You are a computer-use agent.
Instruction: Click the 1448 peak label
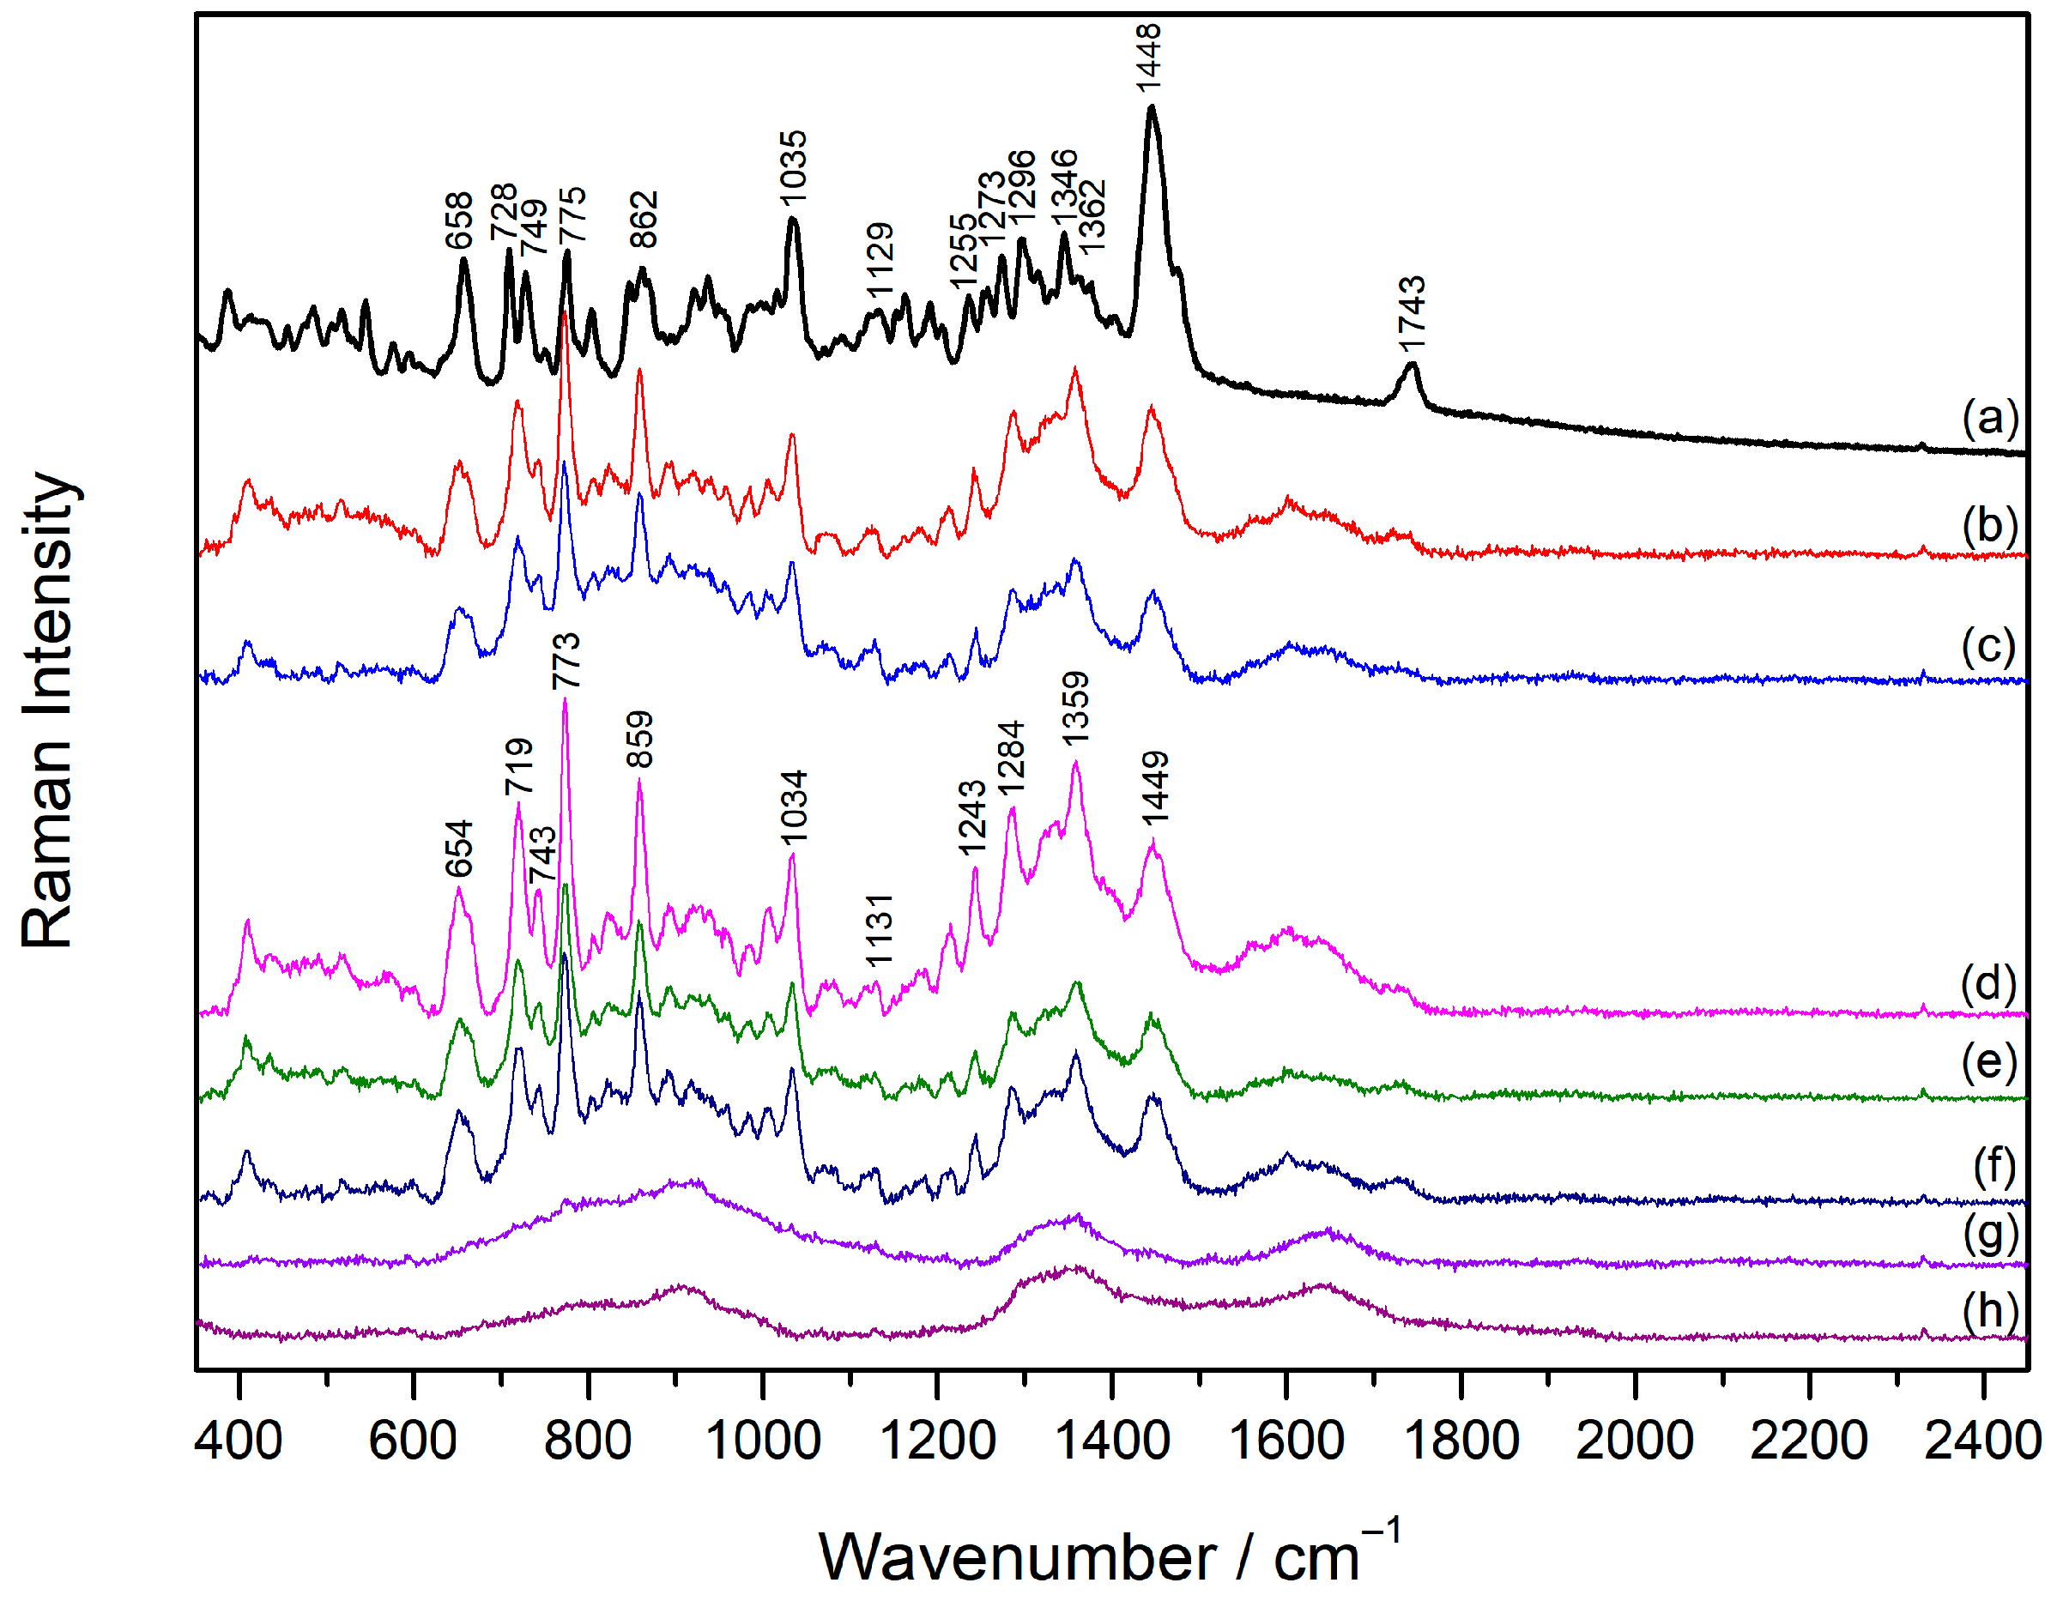[1149, 58]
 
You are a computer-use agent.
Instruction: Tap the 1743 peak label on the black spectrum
[1412, 311]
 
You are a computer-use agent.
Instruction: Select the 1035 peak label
[794, 167]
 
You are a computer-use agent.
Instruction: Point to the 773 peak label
[566, 662]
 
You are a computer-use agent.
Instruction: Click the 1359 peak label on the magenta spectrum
[1075, 709]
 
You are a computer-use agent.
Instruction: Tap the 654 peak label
[459, 849]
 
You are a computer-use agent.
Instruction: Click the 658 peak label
[458, 221]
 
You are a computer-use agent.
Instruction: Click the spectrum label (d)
[1988, 983]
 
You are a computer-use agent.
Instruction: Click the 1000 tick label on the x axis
[763, 1441]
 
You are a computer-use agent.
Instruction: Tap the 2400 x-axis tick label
[1981, 1441]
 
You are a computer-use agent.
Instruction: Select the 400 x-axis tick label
[239, 1441]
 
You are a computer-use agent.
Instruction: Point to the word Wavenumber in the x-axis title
[1018, 1558]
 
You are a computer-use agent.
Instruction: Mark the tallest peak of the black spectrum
[1152, 109]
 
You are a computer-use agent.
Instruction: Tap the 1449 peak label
[1155, 788]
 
